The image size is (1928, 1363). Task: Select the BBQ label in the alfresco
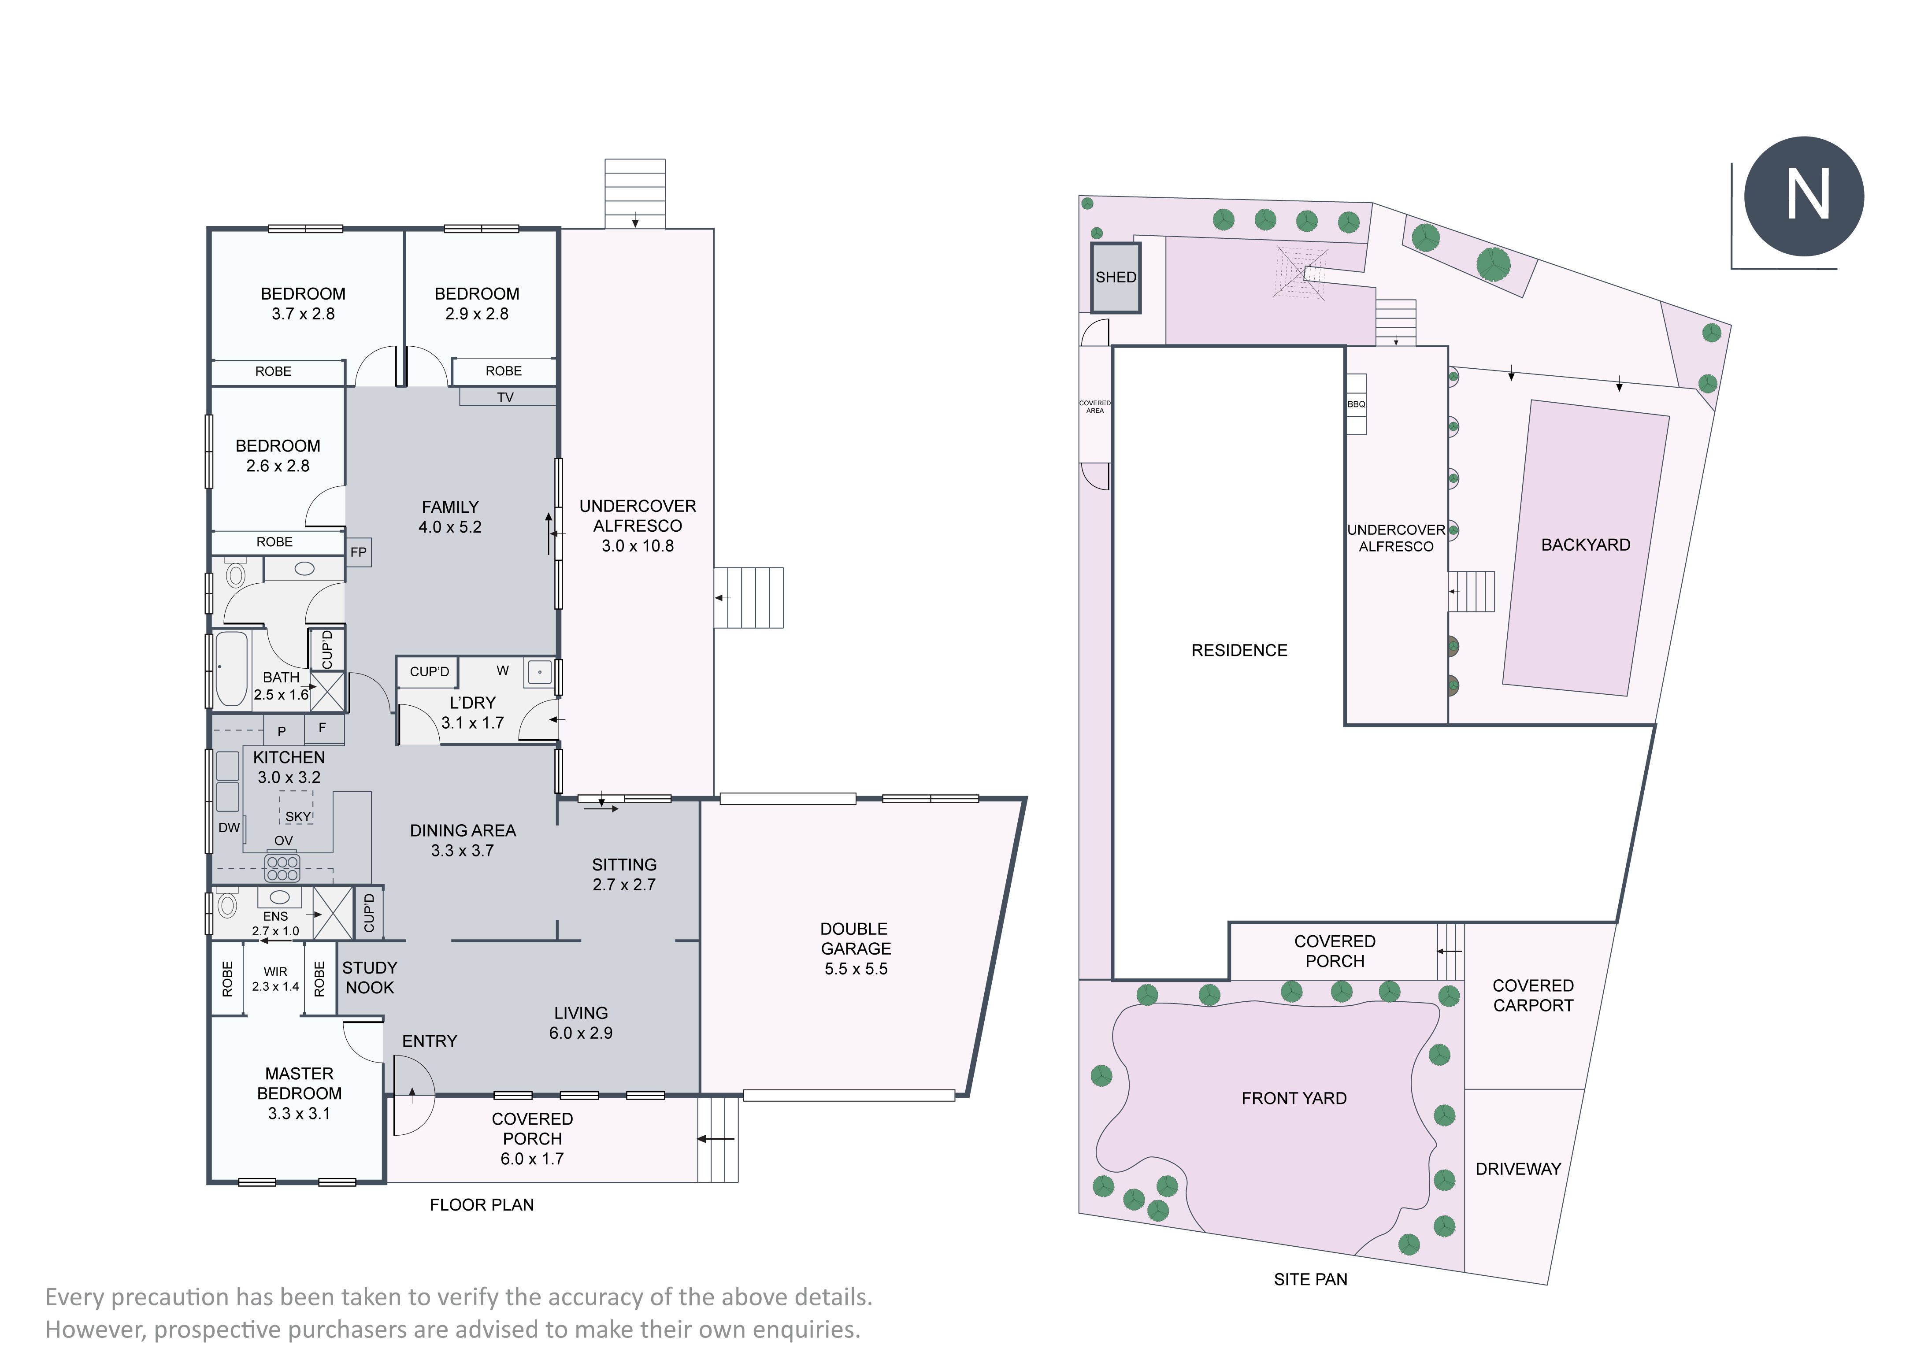(1356, 404)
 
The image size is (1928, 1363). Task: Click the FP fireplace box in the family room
(359, 552)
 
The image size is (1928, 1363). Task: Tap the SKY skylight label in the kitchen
(298, 816)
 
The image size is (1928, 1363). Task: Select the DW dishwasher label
(229, 827)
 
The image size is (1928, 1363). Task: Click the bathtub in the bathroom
(232, 668)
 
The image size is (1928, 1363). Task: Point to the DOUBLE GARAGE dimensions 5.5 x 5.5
(856, 968)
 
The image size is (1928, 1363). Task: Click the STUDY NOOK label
(370, 978)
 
